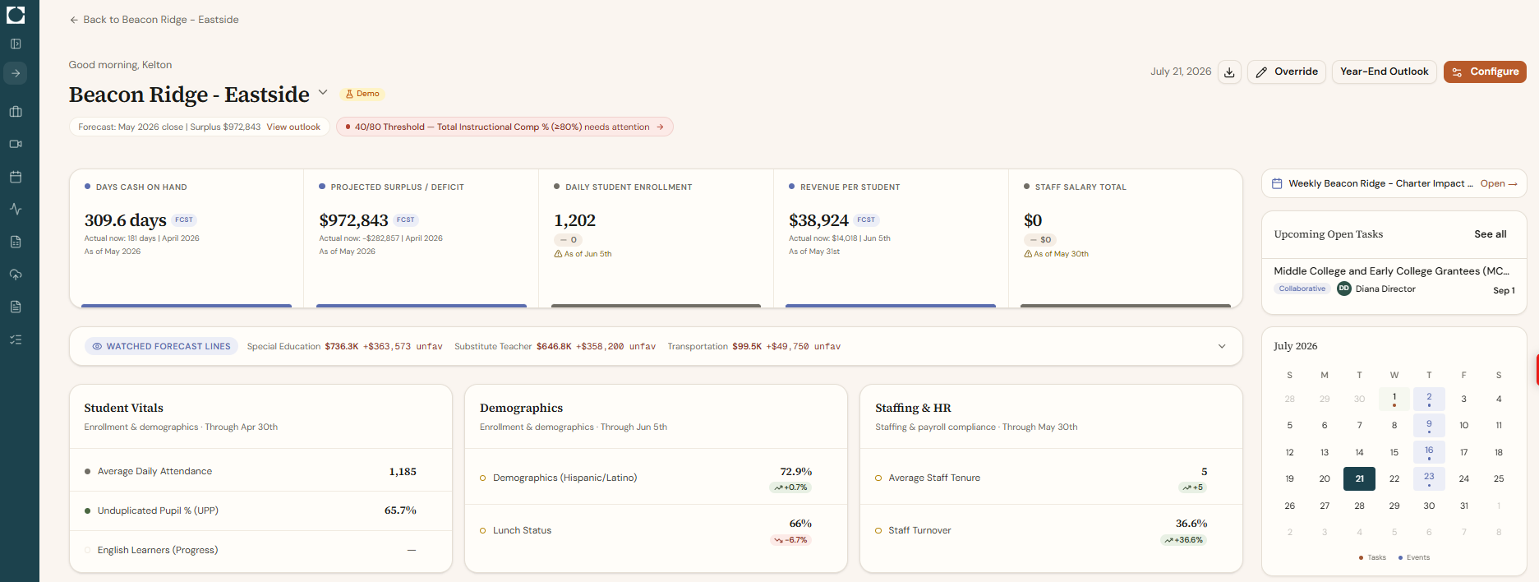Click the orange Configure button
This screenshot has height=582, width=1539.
pyautogui.click(x=1485, y=72)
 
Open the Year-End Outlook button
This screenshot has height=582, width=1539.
pyautogui.click(x=1384, y=72)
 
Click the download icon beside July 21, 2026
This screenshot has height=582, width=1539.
pyautogui.click(x=1229, y=72)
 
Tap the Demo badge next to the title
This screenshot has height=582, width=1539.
pyautogui.click(x=362, y=94)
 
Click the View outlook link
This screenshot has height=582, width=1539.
pyautogui.click(x=293, y=127)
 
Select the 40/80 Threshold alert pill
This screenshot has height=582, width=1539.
pyautogui.click(x=505, y=127)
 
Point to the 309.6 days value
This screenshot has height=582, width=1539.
pyautogui.click(x=125, y=220)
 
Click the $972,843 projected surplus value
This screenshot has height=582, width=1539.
pyautogui.click(x=353, y=220)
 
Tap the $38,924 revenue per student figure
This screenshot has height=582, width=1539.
pyautogui.click(x=818, y=220)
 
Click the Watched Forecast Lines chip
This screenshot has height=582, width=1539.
pyautogui.click(x=161, y=346)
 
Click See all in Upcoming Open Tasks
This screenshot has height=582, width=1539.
pyautogui.click(x=1491, y=234)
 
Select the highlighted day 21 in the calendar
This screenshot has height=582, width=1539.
pyautogui.click(x=1359, y=478)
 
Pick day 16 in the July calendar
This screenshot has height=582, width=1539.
pyautogui.click(x=1429, y=451)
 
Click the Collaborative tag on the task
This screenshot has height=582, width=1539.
pyautogui.click(x=1302, y=289)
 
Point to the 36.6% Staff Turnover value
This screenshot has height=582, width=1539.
pyautogui.click(x=1191, y=524)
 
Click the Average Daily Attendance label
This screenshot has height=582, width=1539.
pyautogui.click(x=154, y=471)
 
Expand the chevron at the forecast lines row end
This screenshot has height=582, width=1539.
pyautogui.click(x=1222, y=346)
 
